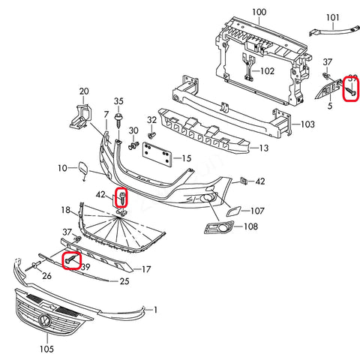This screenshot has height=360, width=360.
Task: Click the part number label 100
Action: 258,13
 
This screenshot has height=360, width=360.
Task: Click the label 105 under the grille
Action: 46,348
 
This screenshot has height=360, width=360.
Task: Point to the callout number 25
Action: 124,281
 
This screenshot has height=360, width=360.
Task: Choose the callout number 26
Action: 46,275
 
